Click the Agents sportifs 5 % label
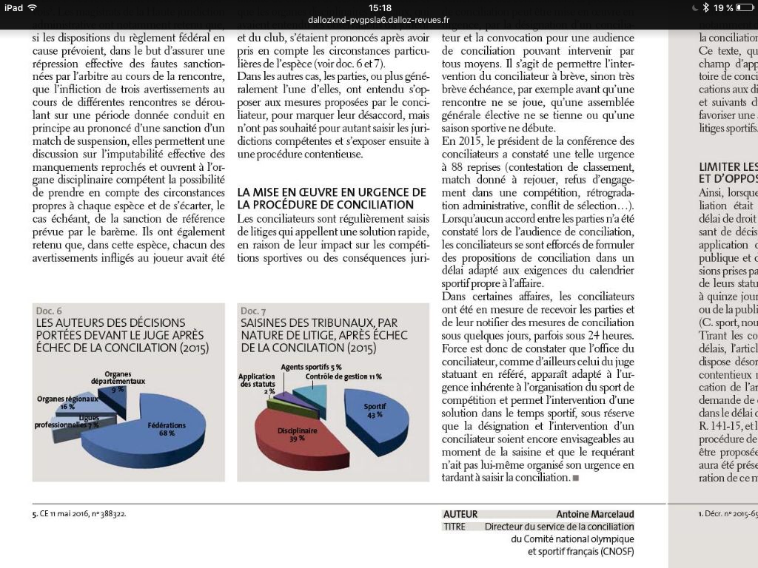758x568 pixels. click(311, 367)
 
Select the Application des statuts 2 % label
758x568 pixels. click(257, 384)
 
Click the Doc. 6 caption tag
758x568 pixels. click(49, 311)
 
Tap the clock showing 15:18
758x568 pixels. click(379, 7)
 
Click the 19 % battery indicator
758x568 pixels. click(723, 7)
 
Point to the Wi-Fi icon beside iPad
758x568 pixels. click(33, 7)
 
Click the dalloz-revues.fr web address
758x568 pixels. click(379, 21)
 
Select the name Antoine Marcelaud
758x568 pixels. click(595, 514)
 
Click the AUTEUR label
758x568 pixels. click(460, 514)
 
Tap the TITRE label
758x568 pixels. click(455, 527)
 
